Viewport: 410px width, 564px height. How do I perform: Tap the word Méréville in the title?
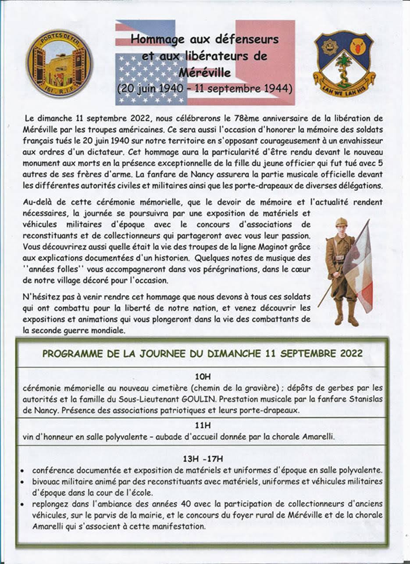pyautogui.click(x=204, y=71)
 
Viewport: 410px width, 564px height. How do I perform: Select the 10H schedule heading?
pyautogui.click(x=203, y=376)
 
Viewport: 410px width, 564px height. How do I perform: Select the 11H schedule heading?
pyautogui.click(x=203, y=425)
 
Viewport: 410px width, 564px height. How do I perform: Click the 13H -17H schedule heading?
pyautogui.click(x=203, y=459)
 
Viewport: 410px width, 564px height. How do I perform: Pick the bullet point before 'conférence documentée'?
pyautogui.click(x=22, y=470)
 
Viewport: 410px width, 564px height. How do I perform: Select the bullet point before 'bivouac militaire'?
pyautogui.click(x=22, y=482)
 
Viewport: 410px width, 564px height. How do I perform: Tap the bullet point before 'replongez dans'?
pyautogui.click(x=22, y=504)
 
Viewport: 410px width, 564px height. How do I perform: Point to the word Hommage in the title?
pyautogui.click(x=151, y=39)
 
